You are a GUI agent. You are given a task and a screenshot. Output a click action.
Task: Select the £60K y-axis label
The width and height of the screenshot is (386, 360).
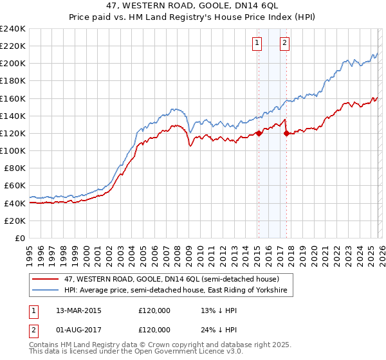pyautogui.click(x=14, y=186)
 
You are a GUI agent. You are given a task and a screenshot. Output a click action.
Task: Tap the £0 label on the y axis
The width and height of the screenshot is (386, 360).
pyautogui.click(x=20, y=238)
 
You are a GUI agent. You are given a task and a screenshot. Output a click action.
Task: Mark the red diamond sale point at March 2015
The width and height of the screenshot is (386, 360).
pyautogui.click(x=259, y=133)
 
